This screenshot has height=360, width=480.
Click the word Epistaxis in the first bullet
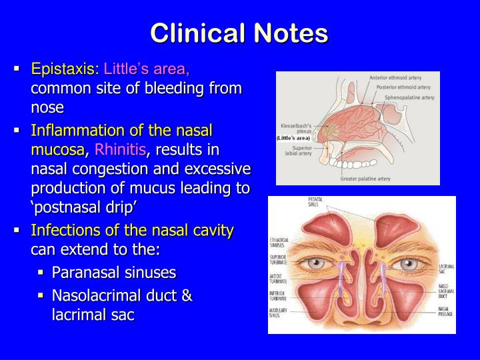click(65, 69)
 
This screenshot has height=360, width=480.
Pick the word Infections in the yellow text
click(63, 231)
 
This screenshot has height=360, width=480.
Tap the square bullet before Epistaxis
click(17, 69)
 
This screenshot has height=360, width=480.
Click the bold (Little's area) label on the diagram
click(293, 137)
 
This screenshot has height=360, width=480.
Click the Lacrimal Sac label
click(446, 269)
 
